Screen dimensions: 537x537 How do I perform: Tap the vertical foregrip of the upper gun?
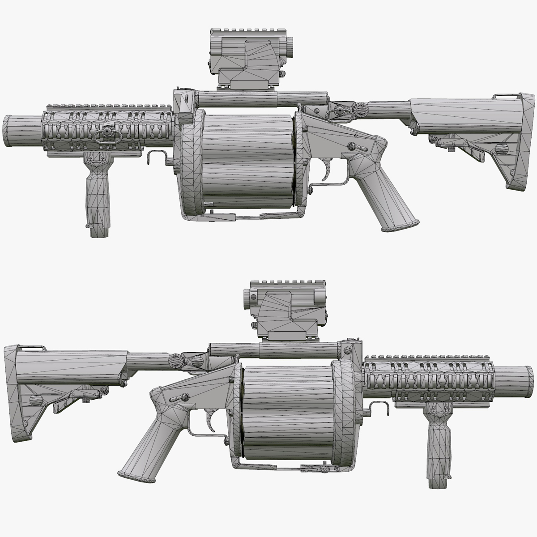[97, 192]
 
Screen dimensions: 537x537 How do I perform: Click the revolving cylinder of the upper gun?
[248, 161]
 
